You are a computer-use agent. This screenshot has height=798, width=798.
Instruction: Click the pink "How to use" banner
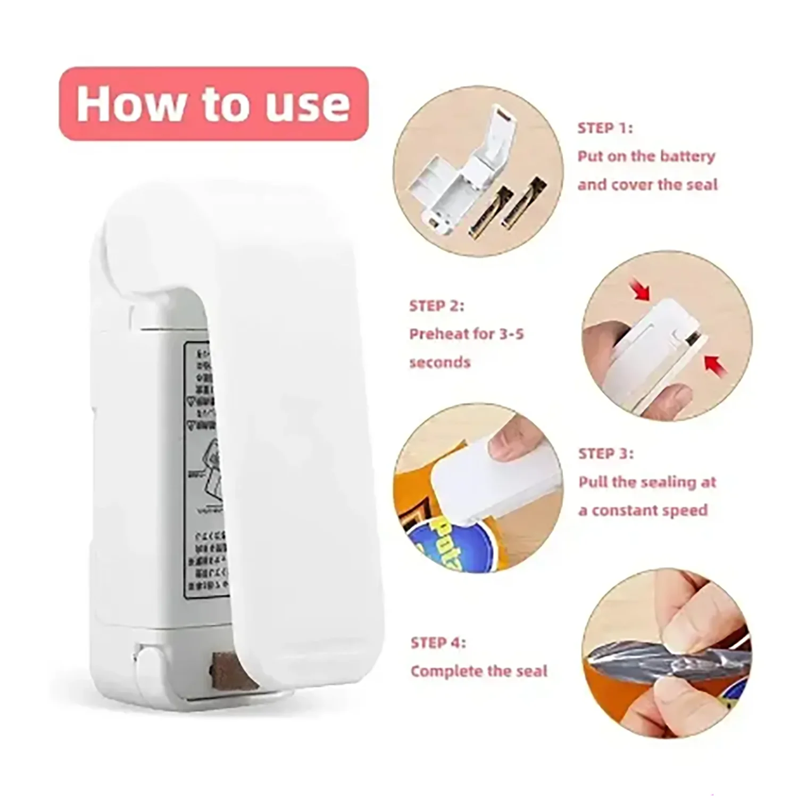[213, 104]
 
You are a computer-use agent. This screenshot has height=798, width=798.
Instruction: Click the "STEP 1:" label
[605, 128]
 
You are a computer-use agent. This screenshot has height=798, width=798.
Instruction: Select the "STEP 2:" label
[436, 306]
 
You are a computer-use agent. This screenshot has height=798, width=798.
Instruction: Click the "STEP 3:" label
[606, 454]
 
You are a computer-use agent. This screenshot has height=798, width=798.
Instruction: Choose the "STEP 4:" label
[438, 643]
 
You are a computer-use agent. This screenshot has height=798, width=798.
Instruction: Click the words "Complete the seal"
[478, 671]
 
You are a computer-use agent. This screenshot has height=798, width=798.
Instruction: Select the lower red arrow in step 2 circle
[713, 364]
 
